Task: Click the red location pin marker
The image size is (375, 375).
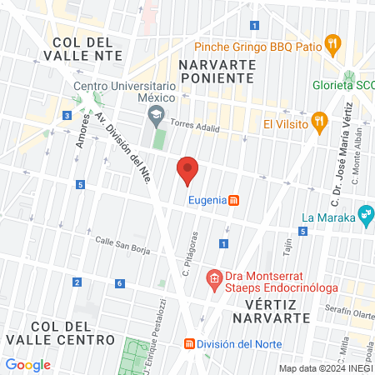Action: [187, 170]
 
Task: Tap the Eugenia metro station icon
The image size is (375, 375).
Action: [235, 200]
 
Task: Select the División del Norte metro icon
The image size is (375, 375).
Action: [189, 343]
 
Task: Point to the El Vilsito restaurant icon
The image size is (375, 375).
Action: [319, 123]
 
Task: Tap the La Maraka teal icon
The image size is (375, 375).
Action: [365, 216]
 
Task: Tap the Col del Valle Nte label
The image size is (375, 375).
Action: [87, 48]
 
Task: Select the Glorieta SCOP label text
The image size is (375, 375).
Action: [342, 86]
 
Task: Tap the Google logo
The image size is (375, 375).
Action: [27, 364]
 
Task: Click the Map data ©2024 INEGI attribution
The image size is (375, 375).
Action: [325, 368]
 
